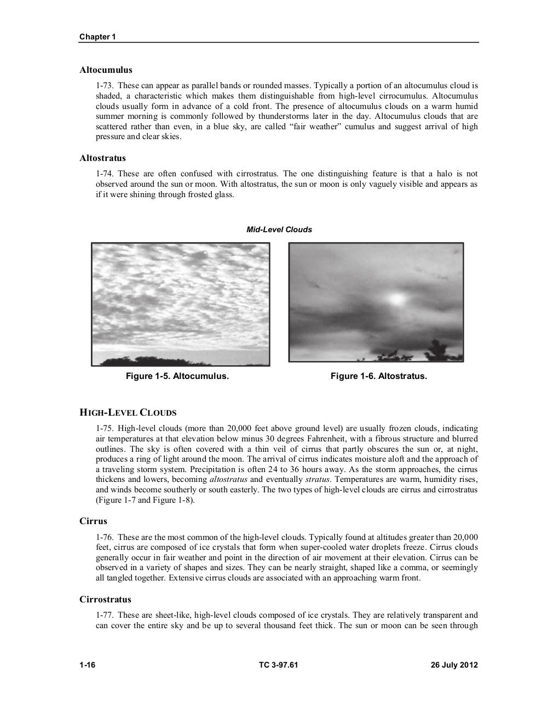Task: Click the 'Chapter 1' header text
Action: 97,37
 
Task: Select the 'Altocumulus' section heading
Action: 106,70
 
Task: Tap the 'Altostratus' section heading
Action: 102,158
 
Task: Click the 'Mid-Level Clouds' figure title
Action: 279,229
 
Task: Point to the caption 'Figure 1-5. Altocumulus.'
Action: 177,376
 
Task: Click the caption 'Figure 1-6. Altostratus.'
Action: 378,376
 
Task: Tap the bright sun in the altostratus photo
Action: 396,298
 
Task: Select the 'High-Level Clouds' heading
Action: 128,412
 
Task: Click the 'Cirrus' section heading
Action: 93,521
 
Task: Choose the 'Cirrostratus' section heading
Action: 105,599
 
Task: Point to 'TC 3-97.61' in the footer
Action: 279,665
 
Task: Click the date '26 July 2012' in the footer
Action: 454,665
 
